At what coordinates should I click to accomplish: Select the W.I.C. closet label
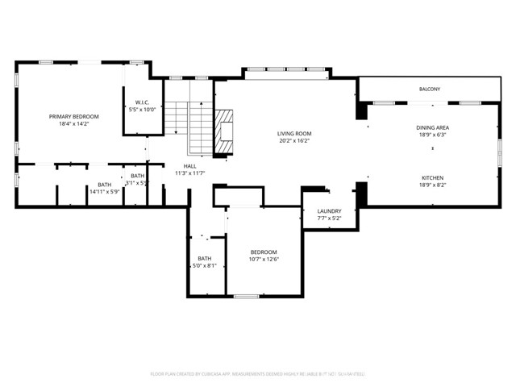pos(142,102)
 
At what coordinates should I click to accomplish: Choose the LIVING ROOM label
pos(294,134)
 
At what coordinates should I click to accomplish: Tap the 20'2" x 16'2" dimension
pos(294,142)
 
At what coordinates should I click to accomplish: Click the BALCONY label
pos(429,89)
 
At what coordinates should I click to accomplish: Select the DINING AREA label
pos(432,127)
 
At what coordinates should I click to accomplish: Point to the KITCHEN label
pos(432,177)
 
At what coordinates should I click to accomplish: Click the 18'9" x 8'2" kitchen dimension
pos(432,185)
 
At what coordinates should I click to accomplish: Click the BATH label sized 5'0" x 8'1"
pos(205,258)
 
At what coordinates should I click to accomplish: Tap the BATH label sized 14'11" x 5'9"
pos(105,185)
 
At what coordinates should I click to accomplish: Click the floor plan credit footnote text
pos(258,374)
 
